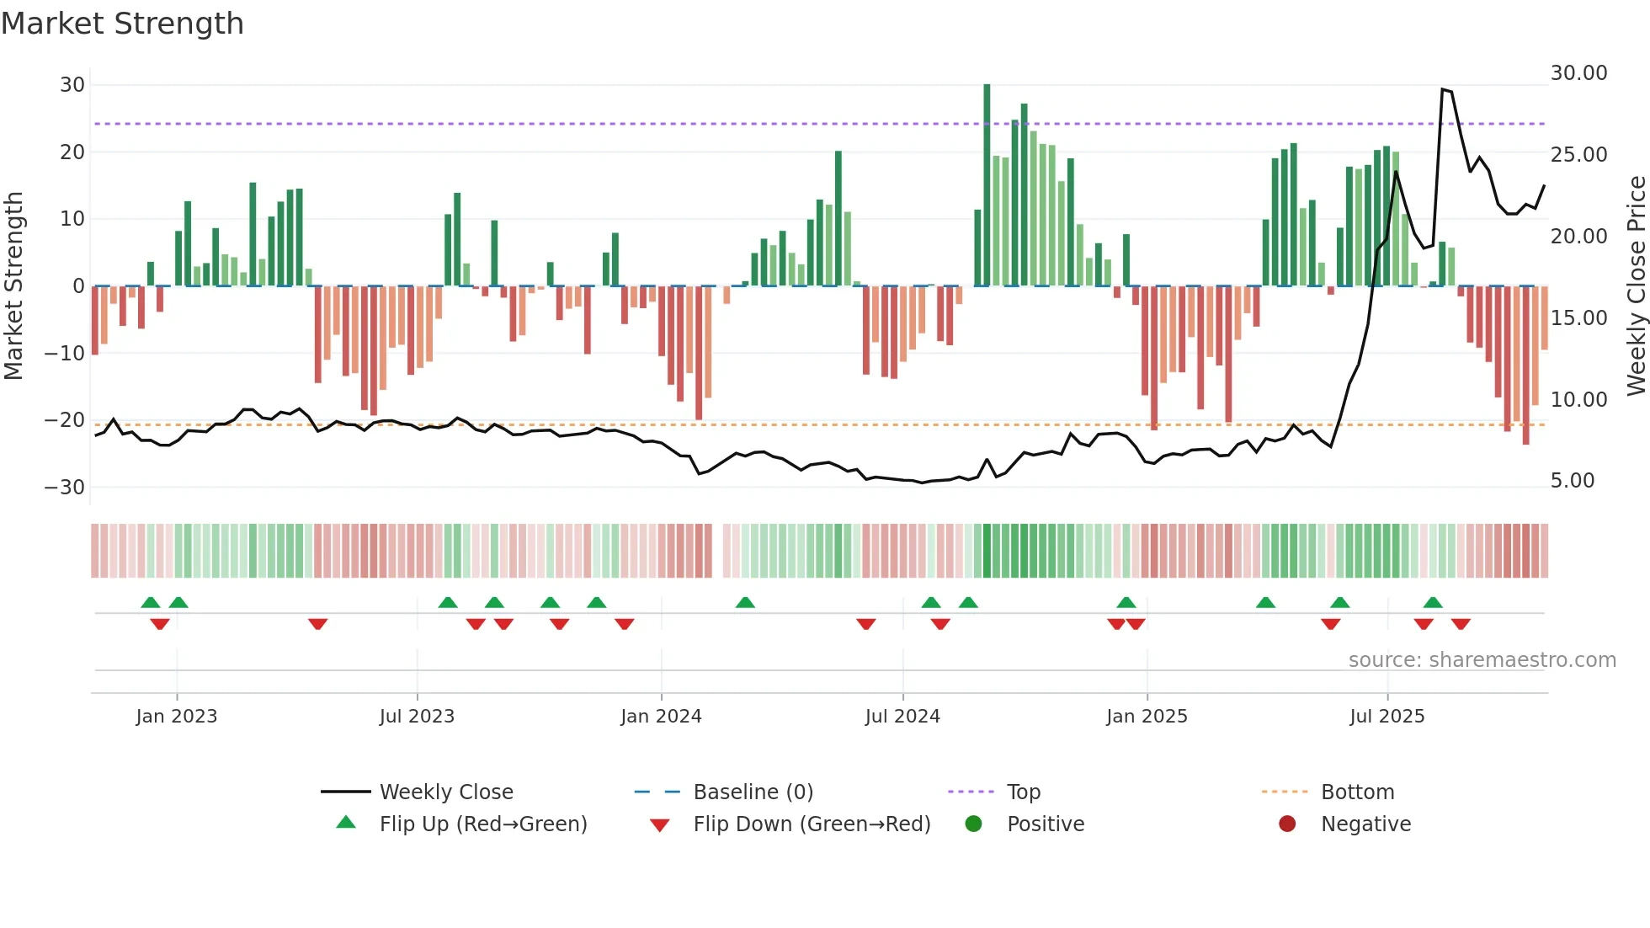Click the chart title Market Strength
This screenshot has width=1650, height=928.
[122, 24]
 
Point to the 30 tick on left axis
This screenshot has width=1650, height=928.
[72, 85]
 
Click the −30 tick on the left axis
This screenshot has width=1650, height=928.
[65, 488]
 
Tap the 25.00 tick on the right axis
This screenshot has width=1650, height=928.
[1578, 155]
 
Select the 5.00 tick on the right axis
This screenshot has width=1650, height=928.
[1572, 481]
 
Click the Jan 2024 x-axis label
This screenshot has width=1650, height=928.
[661, 717]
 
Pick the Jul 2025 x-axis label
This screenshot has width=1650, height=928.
[1387, 717]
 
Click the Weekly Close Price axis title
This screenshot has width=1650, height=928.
[1636, 285]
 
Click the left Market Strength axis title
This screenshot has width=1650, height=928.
[14, 285]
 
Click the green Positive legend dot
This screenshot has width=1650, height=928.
[974, 824]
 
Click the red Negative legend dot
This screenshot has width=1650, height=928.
[1287, 824]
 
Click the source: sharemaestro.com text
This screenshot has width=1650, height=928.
[1482, 660]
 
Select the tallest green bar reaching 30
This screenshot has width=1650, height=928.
[987, 185]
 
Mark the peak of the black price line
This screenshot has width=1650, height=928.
[1442, 88]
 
